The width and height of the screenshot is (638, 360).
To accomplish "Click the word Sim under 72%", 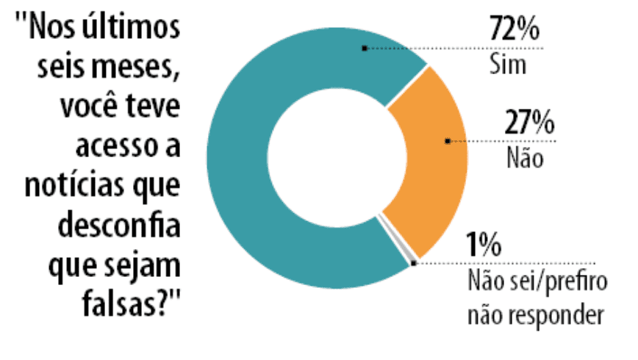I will pyautogui.click(x=508, y=64).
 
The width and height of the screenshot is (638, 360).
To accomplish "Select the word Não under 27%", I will pyautogui.click(x=526, y=157).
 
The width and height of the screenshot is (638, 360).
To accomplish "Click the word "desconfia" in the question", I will pyautogui.click(x=124, y=223).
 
